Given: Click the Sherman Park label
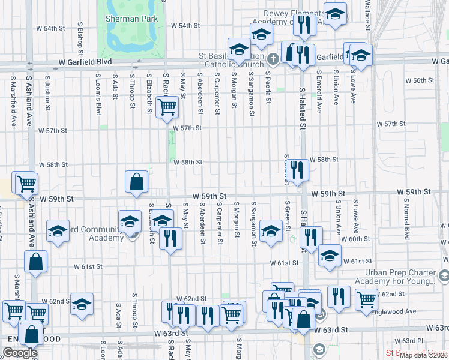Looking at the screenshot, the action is coord(131,19).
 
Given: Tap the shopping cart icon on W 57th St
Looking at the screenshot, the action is coord(166,108).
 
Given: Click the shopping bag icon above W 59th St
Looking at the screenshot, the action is coord(137,181).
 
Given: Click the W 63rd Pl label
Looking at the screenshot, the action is coord(414,341).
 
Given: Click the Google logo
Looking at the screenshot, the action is coord(20,353).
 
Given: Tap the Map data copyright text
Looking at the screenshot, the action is coord(423,355).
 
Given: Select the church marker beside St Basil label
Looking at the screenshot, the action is coord(273,59).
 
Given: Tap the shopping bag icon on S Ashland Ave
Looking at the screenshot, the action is coord(36,262).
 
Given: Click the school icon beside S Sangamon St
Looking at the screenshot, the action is coord(271,232).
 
